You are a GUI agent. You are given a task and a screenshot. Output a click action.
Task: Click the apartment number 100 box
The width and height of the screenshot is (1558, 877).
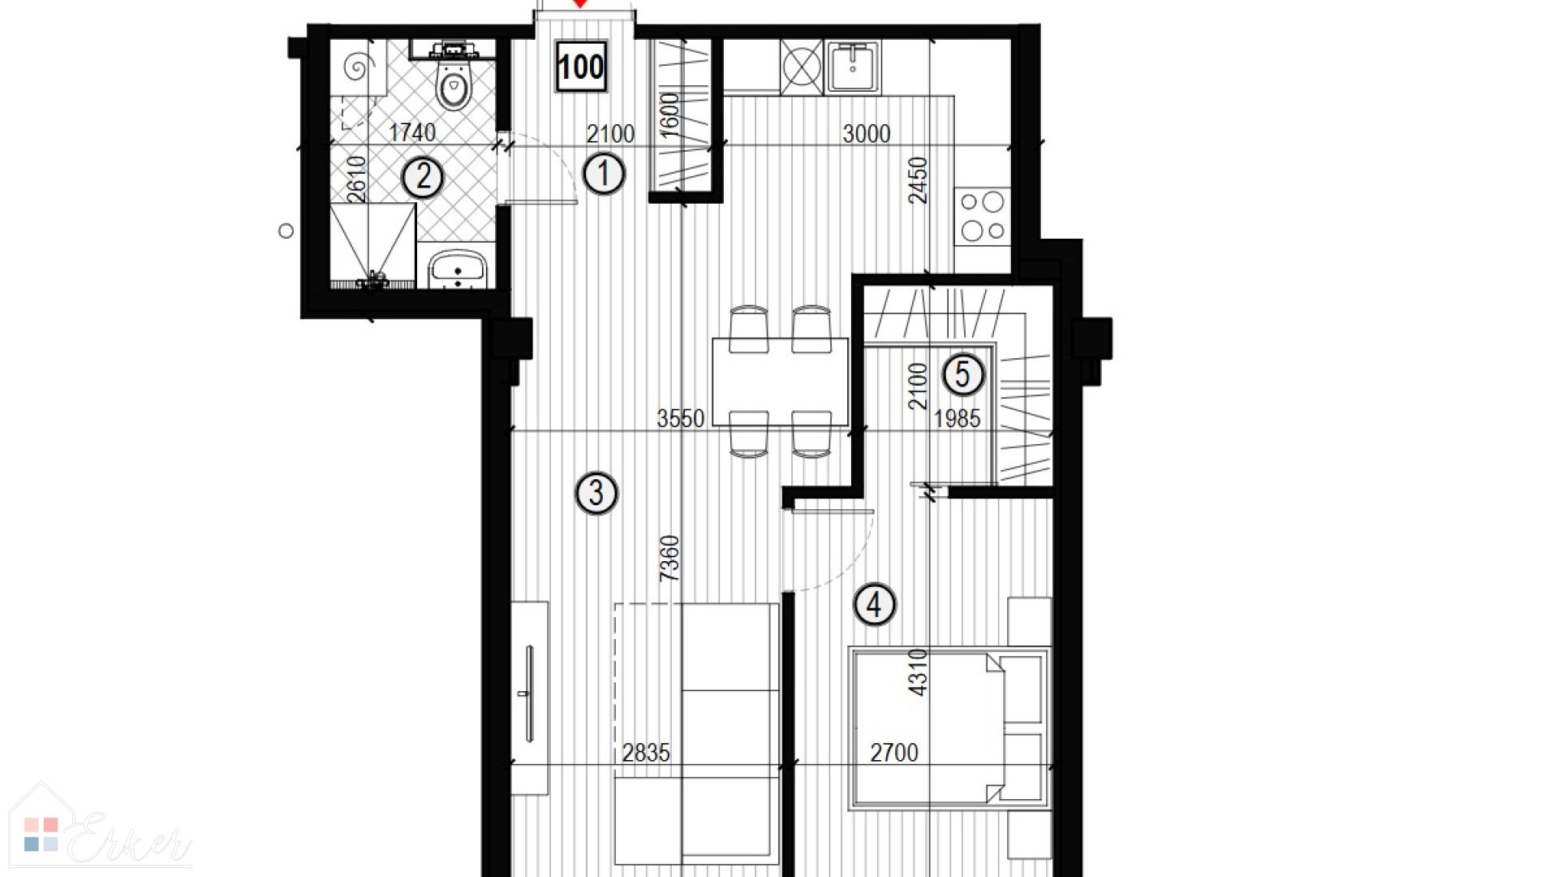click(581, 66)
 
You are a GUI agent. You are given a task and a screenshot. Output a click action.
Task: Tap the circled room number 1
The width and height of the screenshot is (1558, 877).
click(603, 174)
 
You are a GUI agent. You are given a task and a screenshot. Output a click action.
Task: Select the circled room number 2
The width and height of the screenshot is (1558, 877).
click(423, 177)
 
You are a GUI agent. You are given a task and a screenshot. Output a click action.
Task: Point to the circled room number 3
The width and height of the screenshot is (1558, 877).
click(596, 493)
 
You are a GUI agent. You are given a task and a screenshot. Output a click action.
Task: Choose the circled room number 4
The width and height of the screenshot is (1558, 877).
click(874, 604)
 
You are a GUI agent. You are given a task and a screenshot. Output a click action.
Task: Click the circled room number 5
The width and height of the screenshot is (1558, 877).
click(962, 375)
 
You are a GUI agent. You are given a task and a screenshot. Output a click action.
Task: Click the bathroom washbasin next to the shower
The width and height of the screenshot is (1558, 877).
click(457, 270)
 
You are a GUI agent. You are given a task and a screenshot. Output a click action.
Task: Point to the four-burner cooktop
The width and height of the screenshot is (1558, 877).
click(983, 215)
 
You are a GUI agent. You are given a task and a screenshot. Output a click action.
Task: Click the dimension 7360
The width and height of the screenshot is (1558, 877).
click(669, 558)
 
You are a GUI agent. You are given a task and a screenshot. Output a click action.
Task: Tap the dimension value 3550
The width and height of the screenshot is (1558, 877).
click(680, 418)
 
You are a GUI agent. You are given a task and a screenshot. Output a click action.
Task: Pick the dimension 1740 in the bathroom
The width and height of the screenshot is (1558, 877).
click(412, 132)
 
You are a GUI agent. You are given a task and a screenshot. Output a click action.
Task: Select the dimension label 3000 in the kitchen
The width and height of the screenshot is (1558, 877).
click(866, 133)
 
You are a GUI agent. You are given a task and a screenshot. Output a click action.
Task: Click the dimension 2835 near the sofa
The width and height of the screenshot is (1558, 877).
click(646, 753)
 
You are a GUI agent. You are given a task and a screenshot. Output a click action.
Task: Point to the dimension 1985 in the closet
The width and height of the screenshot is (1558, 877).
click(957, 418)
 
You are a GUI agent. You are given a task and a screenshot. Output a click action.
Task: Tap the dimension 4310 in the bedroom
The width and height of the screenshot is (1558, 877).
click(917, 672)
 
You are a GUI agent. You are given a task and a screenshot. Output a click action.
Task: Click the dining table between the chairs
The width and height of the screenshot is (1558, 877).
click(780, 382)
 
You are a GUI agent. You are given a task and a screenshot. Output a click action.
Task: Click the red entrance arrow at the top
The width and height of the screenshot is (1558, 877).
click(579, 3)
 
